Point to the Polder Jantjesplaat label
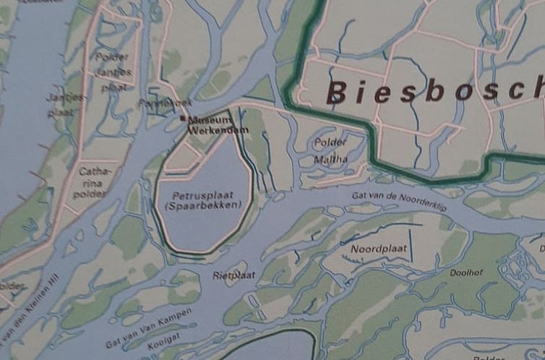114,71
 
